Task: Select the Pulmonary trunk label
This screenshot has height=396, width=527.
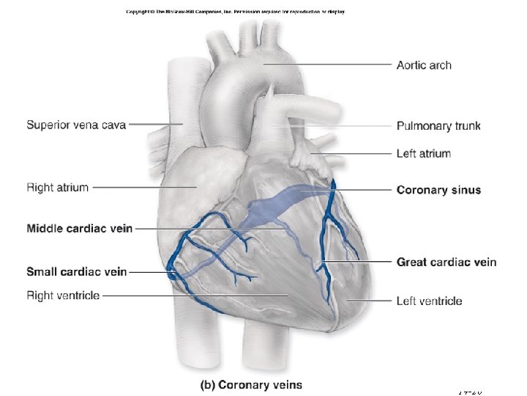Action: pos(438,126)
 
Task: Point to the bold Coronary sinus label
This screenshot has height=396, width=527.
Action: pos(438,190)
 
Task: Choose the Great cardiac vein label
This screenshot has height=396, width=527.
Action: pos(446,262)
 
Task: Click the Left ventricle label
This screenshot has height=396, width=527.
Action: pos(429,301)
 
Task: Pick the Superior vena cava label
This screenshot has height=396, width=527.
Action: pos(76,124)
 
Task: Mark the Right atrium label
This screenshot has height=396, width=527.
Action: pos(57,187)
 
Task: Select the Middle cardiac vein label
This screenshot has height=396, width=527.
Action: pos(79,228)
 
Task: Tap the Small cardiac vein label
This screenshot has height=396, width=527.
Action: pos(76,272)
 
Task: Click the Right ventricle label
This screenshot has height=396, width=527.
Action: pos(63,296)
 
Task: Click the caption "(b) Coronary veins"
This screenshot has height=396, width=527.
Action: pos(252,384)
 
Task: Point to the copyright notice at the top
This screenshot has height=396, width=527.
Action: pos(235,12)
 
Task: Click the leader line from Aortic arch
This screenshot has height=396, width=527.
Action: pos(329,65)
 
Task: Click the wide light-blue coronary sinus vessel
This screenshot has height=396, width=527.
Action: pos(278,202)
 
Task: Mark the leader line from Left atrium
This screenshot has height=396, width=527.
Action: pos(351,153)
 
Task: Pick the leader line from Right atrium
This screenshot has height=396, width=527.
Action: pos(143,187)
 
